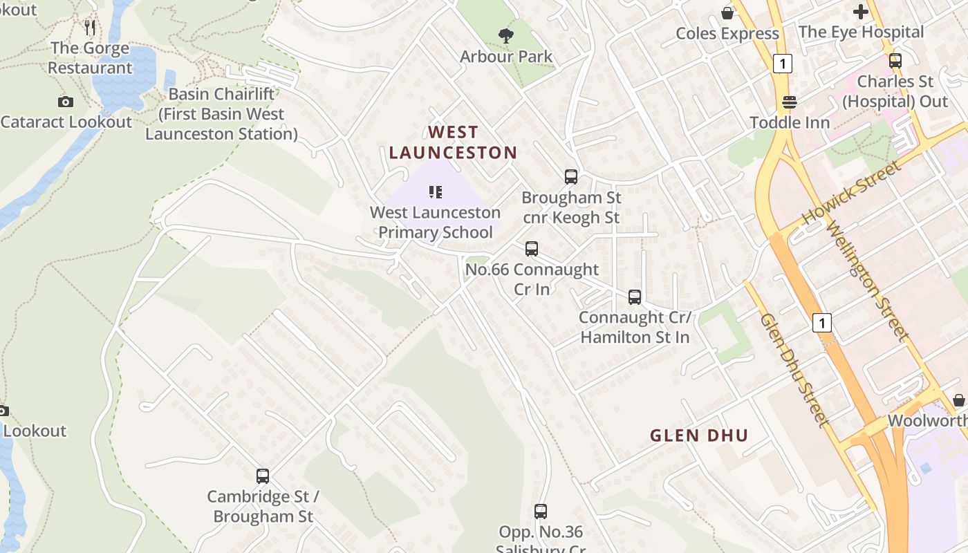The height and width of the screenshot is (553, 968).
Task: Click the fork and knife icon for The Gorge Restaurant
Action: pos(90,28)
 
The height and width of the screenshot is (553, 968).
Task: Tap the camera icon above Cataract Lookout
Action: pos(66,102)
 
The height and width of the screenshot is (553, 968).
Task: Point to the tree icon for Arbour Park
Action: pos(506,35)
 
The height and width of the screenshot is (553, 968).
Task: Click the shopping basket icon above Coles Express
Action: pos(727,13)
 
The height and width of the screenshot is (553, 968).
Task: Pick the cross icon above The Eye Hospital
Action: pos(861,12)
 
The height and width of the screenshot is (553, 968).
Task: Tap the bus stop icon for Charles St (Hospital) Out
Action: pos(895,61)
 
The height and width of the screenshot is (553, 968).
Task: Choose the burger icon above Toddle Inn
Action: pos(790,102)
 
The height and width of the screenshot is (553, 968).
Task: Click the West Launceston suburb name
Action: pos(453,142)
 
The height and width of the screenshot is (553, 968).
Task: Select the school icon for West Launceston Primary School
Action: pos(436,191)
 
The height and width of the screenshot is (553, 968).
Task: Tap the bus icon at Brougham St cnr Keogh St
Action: pos(571,177)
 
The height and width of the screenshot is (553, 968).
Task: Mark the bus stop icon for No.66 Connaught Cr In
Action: pos(532,249)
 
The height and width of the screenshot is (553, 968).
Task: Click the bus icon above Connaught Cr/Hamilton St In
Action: pos(635,297)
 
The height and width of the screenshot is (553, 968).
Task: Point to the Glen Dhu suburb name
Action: pos(699,435)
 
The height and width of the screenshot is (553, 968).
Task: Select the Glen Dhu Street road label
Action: pos(794,370)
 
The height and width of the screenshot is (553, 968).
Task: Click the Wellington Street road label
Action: pos(868,281)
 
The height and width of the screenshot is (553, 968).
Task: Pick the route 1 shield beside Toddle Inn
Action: pos(782,64)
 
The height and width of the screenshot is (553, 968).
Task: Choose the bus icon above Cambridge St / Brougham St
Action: pos(263,476)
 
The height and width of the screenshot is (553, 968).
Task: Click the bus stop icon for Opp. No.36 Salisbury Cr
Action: pos(541,512)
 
